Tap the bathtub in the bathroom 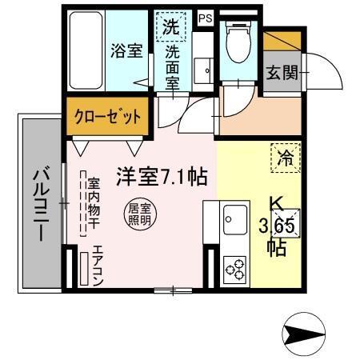[86, 48]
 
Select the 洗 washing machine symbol [171, 26]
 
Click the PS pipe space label [206, 17]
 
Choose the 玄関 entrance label [281, 73]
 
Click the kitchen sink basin [237, 215]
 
